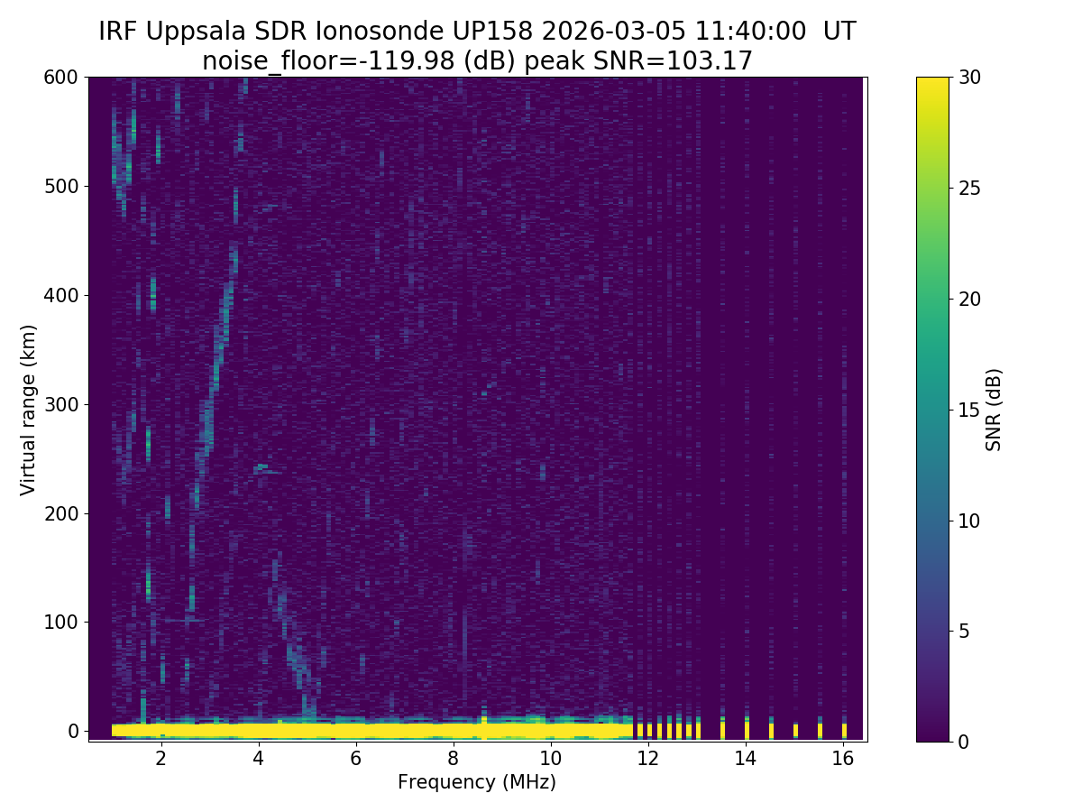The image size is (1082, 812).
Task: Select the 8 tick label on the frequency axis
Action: coord(454,758)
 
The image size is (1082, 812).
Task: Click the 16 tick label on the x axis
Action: coord(843,758)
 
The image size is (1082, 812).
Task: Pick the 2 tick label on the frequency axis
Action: coord(161,758)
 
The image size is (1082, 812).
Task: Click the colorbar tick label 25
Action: coord(971,188)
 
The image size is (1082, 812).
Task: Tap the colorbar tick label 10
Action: coord(971,521)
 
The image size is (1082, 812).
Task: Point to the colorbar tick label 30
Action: coord(971,78)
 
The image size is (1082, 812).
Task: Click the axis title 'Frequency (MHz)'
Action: coord(477,782)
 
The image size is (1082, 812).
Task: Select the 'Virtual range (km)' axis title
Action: coord(29,410)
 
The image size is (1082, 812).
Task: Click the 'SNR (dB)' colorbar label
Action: coord(995,410)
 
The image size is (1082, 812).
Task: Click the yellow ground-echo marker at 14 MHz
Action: coord(747,729)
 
